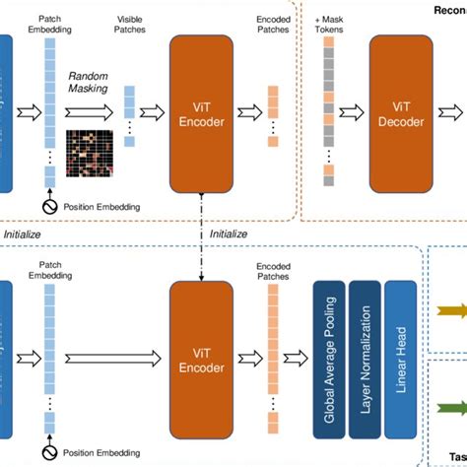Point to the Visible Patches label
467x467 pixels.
[x=131, y=25]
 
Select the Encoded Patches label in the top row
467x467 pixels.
[x=273, y=25]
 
